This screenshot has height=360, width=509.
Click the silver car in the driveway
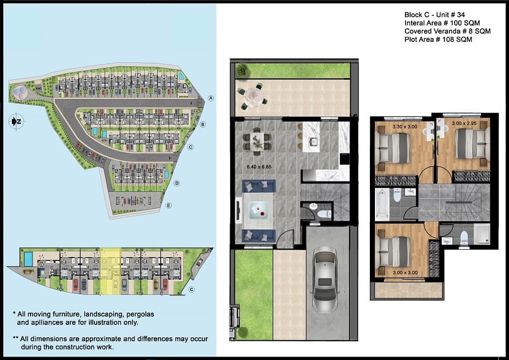pyautogui.click(x=325, y=280)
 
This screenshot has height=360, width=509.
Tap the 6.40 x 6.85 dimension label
pyautogui.click(x=259, y=166)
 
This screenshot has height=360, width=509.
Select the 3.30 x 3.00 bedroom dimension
pyautogui.click(x=405, y=127)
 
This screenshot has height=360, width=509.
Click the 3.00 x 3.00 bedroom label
pyautogui.click(x=405, y=273)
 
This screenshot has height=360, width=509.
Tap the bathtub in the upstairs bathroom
pyautogui.click(x=382, y=204)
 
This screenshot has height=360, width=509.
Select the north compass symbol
pyautogui.click(x=16, y=122)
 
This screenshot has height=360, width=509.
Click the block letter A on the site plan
pyautogui.click(x=211, y=98)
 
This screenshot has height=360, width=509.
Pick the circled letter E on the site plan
pyautogui.click(x=169, y=205)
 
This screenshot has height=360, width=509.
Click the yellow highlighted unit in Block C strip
pyautogui.click(x=110, y=271)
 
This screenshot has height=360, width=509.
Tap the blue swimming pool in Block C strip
pyautogui.click(x=28, y=259)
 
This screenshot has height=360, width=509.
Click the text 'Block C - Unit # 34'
pyautogui.click(x=434, y=15)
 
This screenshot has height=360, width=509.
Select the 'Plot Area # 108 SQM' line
pyautogui.click(x=438, y=39)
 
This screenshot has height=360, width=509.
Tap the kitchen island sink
pyautogui.click(x=313, y=142)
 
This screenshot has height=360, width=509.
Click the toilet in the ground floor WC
pyautogui.click(x=323, y=214)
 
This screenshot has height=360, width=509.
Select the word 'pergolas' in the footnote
pyautogui.click(x=140, y=314)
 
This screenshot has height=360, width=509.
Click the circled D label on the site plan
pyautogui.click(x=176, y=183)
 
